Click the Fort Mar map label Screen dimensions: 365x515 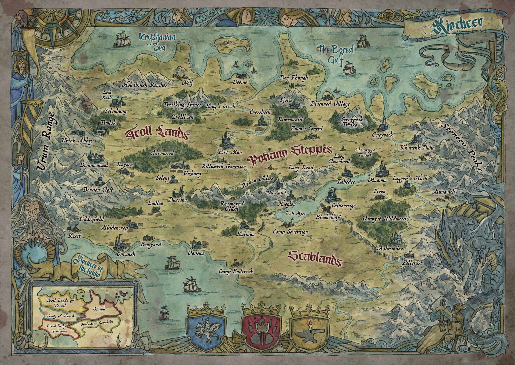230,152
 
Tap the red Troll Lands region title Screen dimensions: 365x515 157,134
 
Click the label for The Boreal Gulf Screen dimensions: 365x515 336,54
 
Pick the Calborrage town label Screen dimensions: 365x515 343,206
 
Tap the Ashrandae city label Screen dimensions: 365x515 390,249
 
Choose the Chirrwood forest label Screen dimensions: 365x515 162,153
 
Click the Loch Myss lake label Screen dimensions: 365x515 295,213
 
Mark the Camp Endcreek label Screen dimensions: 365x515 236,271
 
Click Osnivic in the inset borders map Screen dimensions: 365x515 100,309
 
